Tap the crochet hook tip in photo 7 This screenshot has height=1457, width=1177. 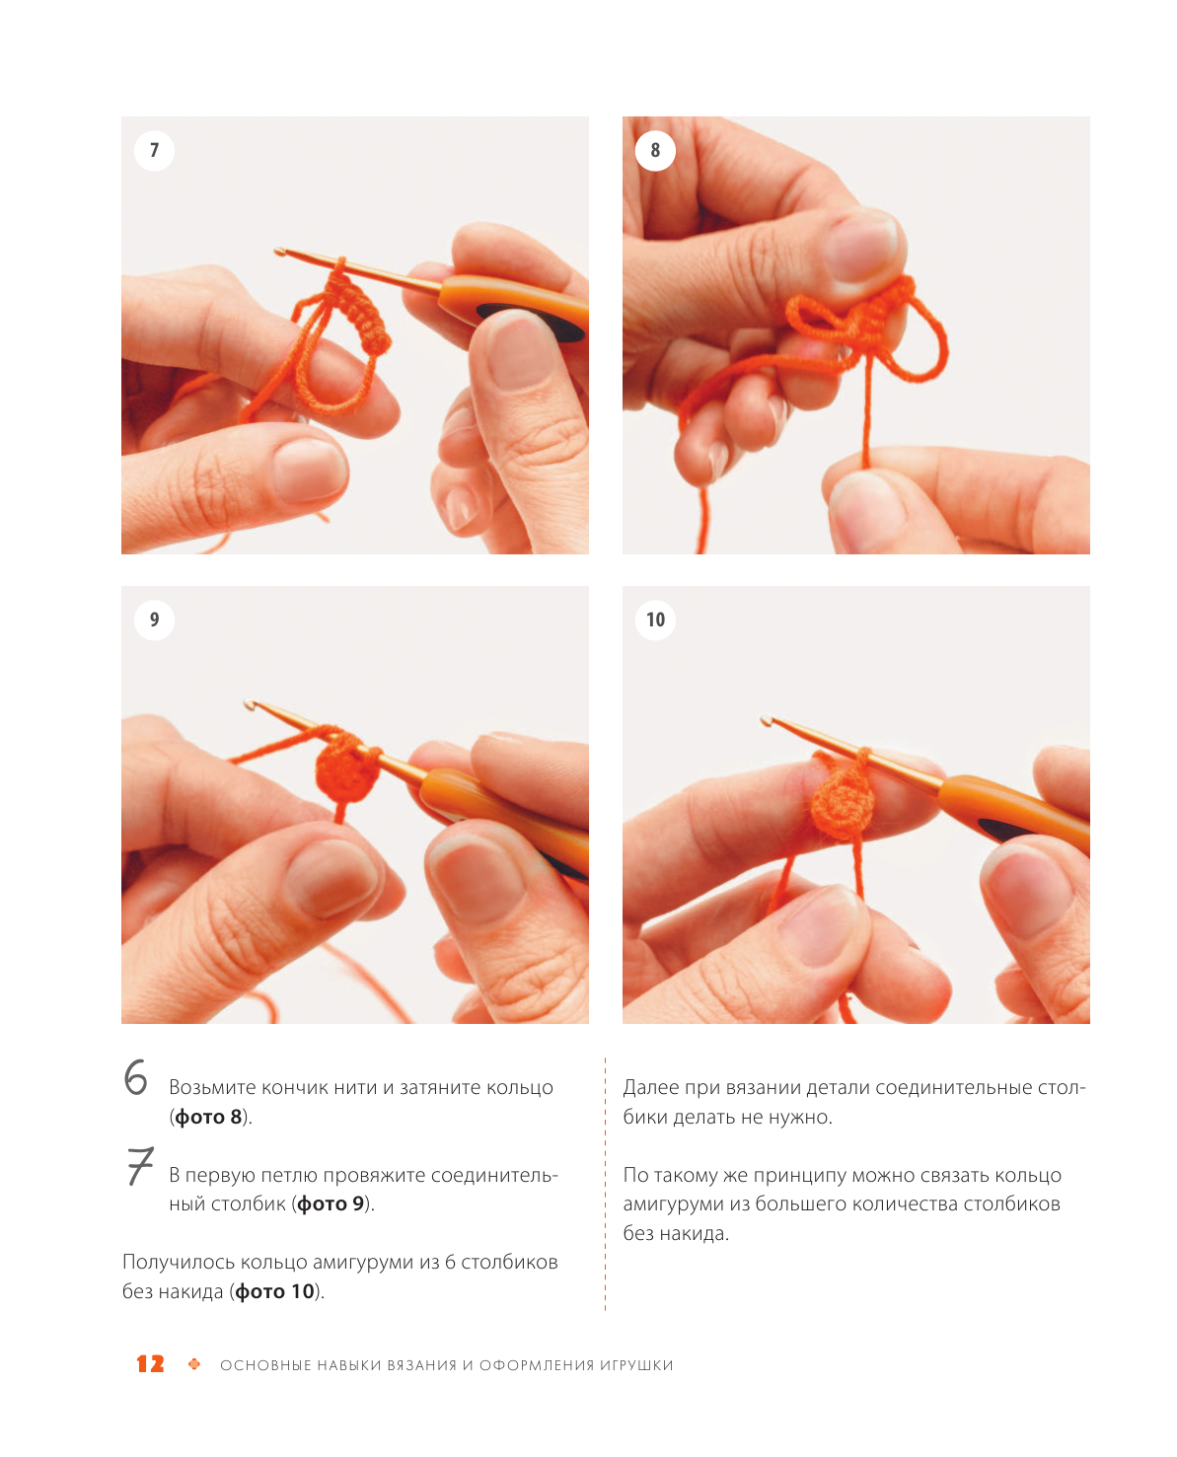coord(277,251)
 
